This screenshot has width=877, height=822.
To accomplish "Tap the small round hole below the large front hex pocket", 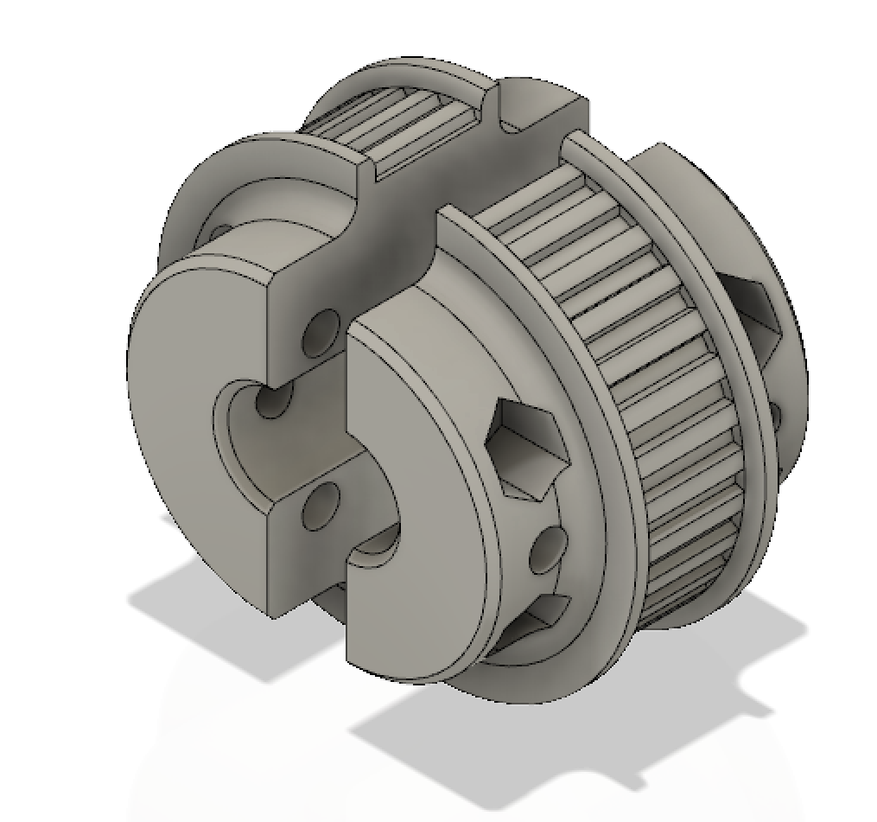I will click(547, 550).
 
